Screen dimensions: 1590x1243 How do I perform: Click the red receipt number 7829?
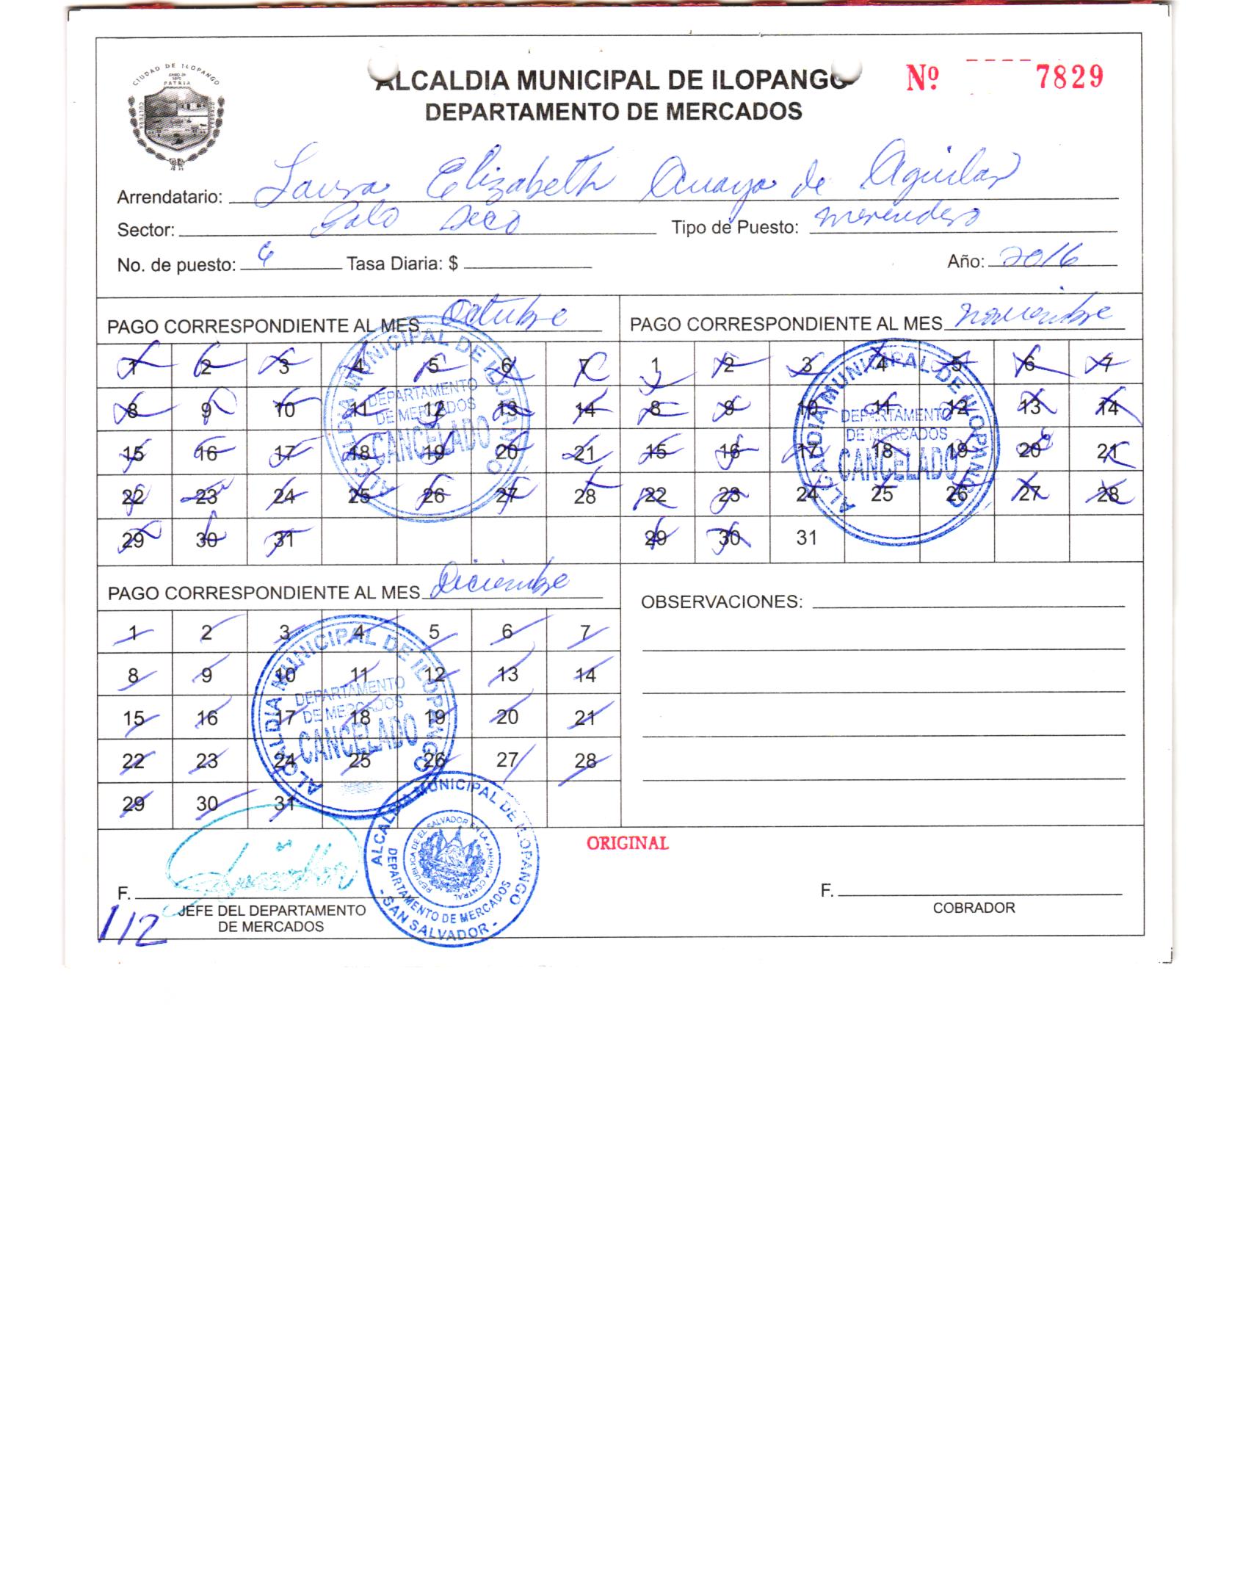pyautogui.click(x=1069, y=77)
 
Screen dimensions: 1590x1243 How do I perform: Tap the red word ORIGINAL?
pyautogui.click(x=627, y=843)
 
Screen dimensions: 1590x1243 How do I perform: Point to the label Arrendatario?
pyautogui.click(x=170, y=198)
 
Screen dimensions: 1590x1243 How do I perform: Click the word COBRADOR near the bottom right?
pyautogui.click(x=974, y=908)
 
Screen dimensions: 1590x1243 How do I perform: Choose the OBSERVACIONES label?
pyautogui.click(x=722, y=602)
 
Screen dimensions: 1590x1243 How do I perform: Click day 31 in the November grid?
pyautogui.click(x=806, y=538)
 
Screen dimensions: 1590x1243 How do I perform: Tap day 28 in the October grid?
pyautogui.click(x=584, y=496)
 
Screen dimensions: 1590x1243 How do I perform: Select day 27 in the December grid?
pyautogui.click(x=507, y=760)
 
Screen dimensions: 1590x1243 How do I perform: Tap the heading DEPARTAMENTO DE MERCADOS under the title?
pyautogui.click(x=614, y=112)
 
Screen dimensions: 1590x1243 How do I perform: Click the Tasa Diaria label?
pyautogui.click(x=402, y=264)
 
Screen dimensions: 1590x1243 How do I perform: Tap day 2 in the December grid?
pyautogui.click(x=207, y=632)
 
